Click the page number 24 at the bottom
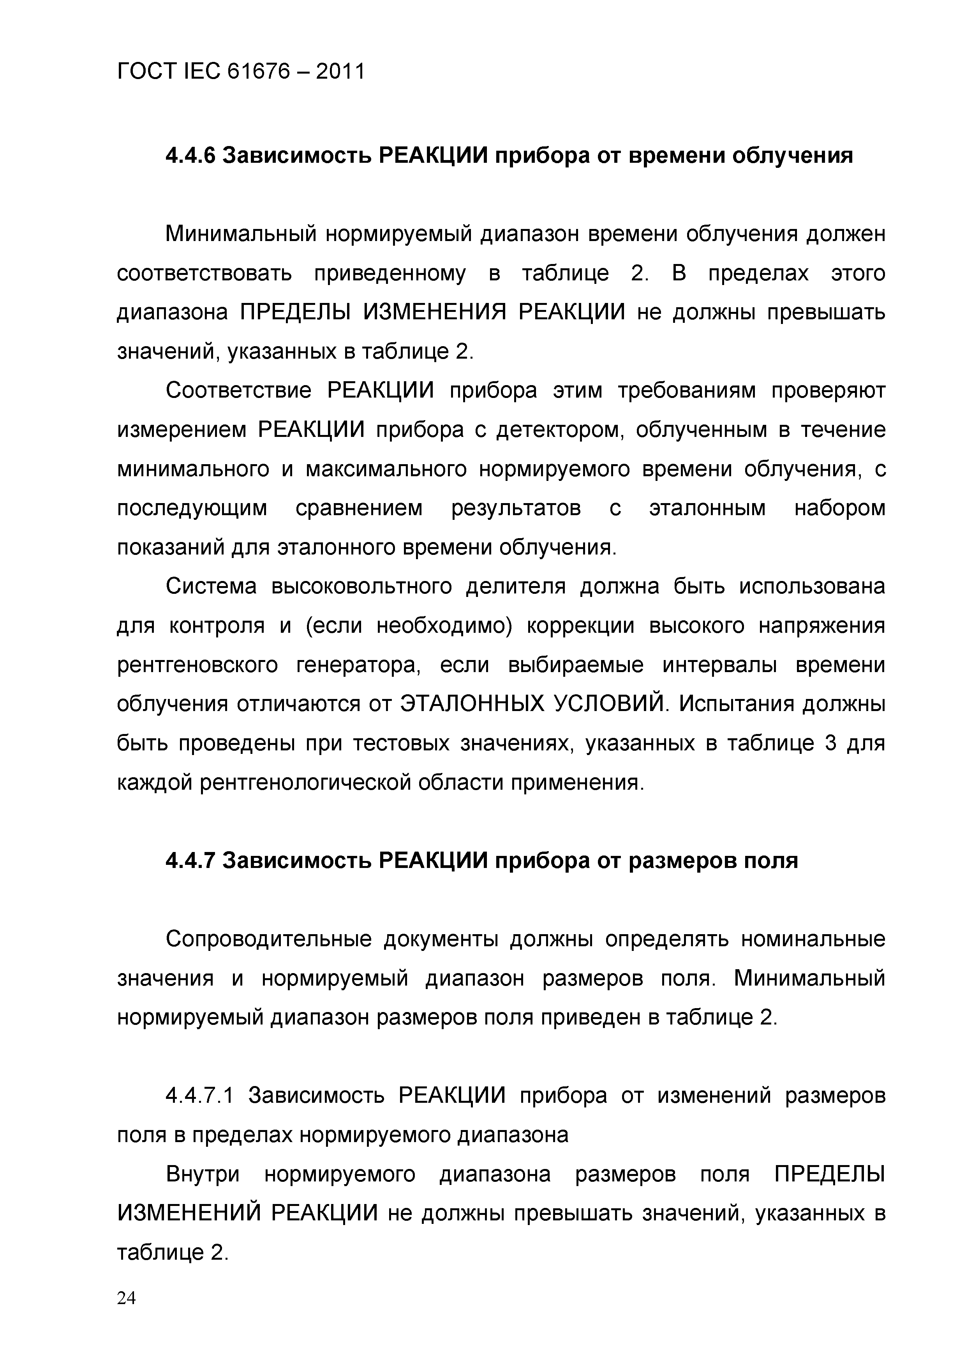pos(126,1314)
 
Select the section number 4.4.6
pos(189,156)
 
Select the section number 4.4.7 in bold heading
pos(189,860)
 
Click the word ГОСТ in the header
pos(147,72)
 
